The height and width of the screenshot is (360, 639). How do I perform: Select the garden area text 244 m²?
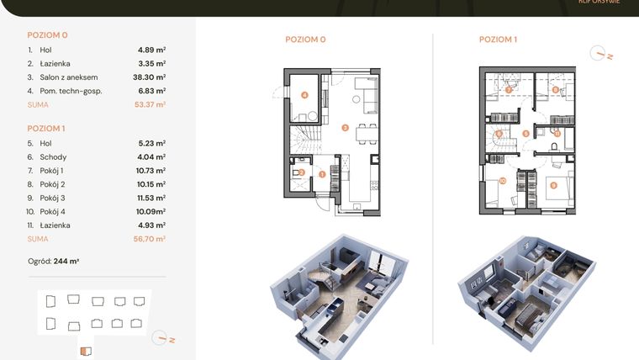(66, 262)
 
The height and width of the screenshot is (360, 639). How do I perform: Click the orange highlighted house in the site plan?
(83, 352)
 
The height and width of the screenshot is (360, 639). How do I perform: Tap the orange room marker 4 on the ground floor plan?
(304, 96)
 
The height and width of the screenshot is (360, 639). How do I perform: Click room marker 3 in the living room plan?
(345, 128)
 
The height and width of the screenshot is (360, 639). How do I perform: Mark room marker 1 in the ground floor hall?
(323, 174)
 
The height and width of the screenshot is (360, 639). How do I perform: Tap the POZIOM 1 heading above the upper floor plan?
(498, 40)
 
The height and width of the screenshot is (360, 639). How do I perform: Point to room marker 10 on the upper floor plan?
(502, 180)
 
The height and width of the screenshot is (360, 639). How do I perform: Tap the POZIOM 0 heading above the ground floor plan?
(305, 40)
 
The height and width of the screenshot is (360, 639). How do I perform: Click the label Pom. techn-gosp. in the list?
(71, 91)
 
